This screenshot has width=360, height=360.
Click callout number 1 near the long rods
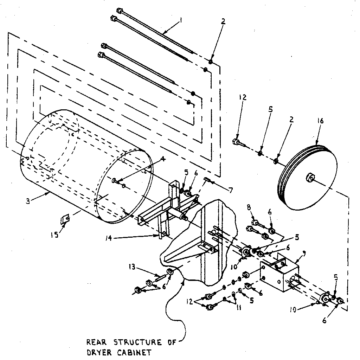(x=181, y=21)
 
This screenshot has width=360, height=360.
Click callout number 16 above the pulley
(x=321, y=121)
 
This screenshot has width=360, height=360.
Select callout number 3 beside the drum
(x=27, y=201)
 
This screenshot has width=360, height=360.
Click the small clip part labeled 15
(x=64, y=220)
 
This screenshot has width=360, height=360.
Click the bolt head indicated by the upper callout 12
(x=236, y=142)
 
